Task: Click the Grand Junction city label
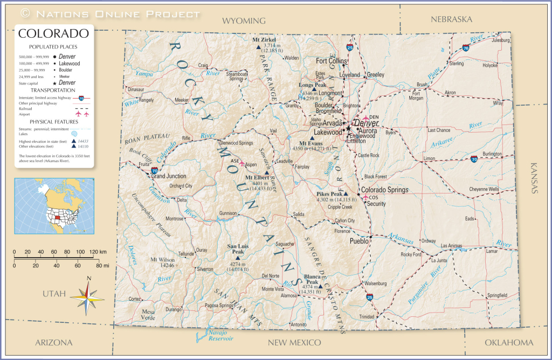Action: (x=169, y=176)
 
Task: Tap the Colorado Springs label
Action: (x=384, y=190)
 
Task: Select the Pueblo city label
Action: (x=359, y=241)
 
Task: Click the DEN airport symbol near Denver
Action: (x=366, y=118)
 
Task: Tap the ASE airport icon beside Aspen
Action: (x=242, y=162)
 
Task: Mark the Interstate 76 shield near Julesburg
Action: (x=465, y=48)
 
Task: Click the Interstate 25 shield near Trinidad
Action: (x=369, y=296)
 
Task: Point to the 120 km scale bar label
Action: (x=99, y=252)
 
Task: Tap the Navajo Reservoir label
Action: (x=220, y=335)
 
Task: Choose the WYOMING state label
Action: (x=244, y=20)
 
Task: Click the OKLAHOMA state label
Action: (x=509, y=342)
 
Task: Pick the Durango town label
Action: (x=174, y=310)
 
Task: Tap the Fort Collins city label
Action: (x=332, y=61)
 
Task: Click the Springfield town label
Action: (x=497, y=295)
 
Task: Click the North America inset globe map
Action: (x=54, y=204)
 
